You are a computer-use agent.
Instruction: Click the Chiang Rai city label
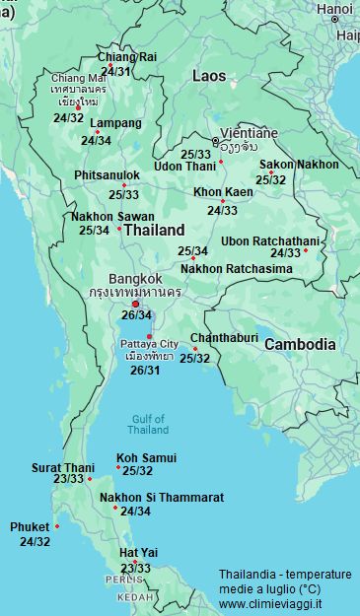point(126,57)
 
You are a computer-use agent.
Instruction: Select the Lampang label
point(115,123)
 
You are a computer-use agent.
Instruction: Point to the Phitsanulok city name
point(107,174)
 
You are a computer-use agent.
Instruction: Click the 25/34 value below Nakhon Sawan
point(94,231)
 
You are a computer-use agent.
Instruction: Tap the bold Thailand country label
point(156,229)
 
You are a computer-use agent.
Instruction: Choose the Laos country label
point(208,75)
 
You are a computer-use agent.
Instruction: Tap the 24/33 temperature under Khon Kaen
point(222,210)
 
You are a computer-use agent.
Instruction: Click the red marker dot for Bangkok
point(135,304)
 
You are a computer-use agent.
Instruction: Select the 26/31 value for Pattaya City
point(145,370)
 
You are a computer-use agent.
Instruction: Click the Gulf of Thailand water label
point(148,424)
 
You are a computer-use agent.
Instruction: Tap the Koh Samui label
point(146,457)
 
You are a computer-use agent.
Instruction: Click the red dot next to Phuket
point(57,526)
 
